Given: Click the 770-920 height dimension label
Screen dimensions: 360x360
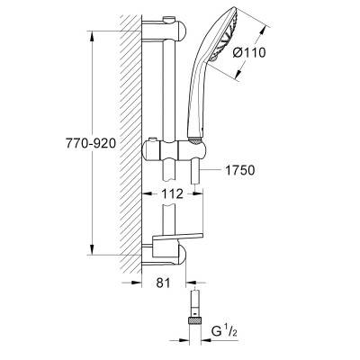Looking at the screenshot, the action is click(91, 143).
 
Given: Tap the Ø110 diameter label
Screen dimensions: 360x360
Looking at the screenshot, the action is click(249, 53).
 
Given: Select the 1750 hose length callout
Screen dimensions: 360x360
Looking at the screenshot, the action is click(239, 170).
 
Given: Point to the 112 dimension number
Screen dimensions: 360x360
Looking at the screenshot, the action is click(172, 193).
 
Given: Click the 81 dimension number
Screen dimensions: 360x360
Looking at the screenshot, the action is click(163, 283).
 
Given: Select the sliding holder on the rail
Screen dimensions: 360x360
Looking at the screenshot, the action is click(174, 150).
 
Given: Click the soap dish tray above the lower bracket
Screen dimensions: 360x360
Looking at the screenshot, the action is click(177, 238).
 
